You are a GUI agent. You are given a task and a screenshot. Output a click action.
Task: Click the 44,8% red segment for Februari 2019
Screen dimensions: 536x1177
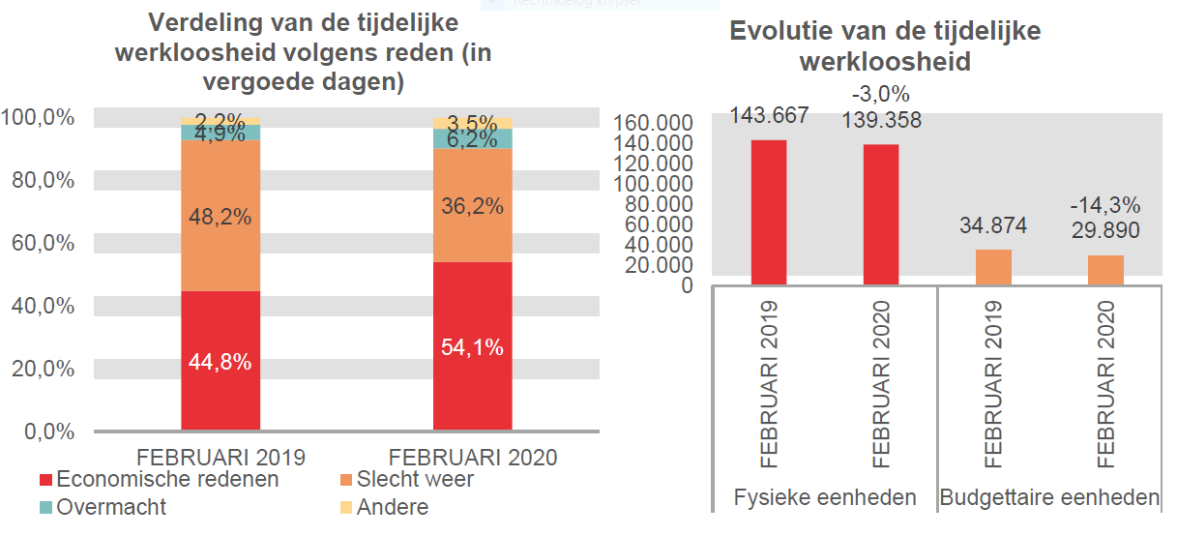pos(221,360)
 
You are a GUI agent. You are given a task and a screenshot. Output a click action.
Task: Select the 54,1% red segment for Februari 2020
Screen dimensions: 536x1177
pos(472,346)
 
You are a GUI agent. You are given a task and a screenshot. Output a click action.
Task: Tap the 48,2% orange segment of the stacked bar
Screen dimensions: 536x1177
pos(221,216)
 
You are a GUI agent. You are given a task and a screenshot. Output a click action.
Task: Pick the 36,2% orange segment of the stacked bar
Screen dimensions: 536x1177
pos(472,205)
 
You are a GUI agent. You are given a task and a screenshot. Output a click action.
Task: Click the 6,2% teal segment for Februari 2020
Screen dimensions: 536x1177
pos(472,139)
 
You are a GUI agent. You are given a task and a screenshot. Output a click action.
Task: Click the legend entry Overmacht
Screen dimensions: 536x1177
pos(111,507)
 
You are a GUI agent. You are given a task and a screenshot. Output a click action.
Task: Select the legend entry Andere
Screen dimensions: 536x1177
pos(392,507)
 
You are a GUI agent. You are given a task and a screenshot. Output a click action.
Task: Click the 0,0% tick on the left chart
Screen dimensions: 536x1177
pos(44,432)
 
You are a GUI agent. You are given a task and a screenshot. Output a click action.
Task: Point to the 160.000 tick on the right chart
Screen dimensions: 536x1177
pos(654,123)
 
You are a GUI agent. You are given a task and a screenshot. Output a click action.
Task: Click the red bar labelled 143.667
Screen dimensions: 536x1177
pos(768,212)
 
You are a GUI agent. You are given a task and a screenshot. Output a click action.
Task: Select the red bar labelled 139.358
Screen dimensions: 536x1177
pos(881,214)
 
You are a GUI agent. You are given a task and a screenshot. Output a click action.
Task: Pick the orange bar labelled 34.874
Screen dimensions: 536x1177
pos(993,267)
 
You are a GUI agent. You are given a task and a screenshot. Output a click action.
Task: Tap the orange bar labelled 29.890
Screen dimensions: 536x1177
pos(1105,270)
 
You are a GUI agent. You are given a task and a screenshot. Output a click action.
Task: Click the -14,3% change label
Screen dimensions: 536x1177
pos(1104,206)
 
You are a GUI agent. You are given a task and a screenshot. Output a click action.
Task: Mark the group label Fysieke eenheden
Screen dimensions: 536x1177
pos(825,498)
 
